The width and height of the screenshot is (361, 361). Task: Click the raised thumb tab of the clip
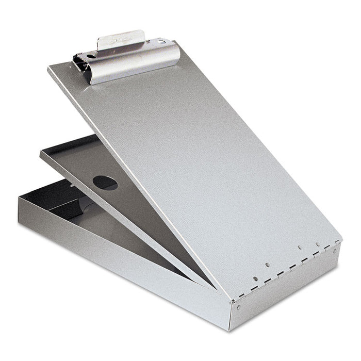pos(120,39)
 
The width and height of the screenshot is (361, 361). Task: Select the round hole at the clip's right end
pos(162,41)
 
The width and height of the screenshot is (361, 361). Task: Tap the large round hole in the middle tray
pos(105,183)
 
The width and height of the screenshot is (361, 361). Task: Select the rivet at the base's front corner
pos(238,308)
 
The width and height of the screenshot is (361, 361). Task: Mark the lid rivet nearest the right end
pos(317,244)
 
